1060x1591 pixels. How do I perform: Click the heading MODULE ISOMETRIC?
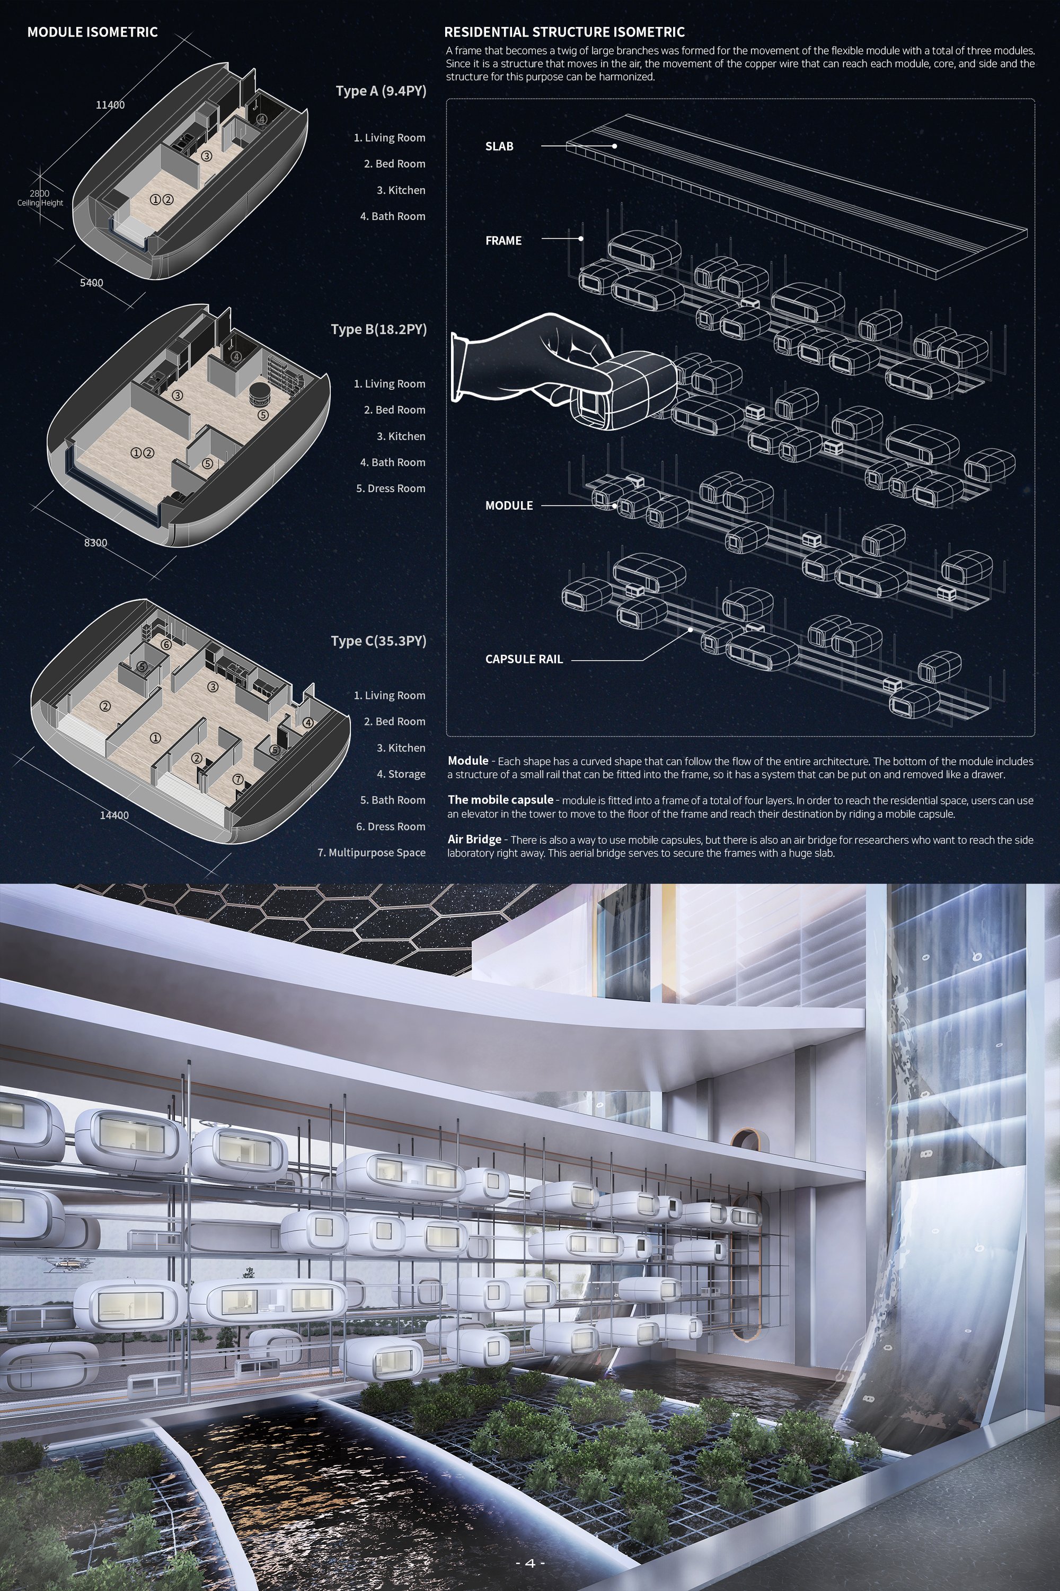click(x=93, y=32)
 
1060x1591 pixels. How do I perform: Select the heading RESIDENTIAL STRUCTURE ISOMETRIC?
click(x=564, y=32)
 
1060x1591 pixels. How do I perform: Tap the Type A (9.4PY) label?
click(x=381, y=91)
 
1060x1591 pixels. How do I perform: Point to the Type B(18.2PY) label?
click(x=378, y=329)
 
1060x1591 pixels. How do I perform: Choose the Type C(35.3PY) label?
click(x=378, y=641)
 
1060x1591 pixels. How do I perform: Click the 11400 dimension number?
click(x=110, y=105)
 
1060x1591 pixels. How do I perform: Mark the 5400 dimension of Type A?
click(x=92, y=283)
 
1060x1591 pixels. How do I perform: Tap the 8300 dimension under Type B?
click(x=95, y=543)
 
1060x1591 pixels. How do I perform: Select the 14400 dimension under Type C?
click(x=114, y=815)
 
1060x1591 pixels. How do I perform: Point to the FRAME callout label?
click(x=503, y=240)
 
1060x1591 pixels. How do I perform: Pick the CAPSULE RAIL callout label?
click(x=524, y=659)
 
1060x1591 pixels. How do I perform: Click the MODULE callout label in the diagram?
click(x=509, y=505)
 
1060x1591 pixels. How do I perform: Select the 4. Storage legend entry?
click(x=401, y=774)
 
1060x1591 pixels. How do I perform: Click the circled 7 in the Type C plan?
click(x=238, y=779)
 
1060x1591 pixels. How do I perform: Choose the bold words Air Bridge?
click(x=474, y=840)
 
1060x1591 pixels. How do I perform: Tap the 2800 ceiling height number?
click(x=39, y=194)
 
